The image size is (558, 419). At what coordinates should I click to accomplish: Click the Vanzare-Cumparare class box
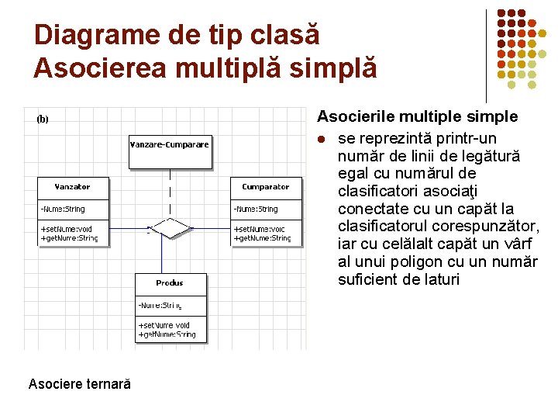[170, 151]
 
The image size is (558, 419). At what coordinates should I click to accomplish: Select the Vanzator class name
[73, 187]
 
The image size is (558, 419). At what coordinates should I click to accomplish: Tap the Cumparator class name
[265, 187]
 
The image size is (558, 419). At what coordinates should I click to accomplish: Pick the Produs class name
[170, 283]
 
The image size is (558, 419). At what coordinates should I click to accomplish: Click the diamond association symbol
[170, 227]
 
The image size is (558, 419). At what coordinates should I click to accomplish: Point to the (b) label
[43, 119]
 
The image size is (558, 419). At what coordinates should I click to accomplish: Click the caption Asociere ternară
[79, 384]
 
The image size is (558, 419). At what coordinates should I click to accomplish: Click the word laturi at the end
[439, 279]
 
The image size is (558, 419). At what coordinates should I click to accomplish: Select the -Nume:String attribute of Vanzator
[63, 209]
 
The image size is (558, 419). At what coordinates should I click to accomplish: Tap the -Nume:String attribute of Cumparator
[256, 209]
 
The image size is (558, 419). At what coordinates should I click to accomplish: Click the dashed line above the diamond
[170, 192]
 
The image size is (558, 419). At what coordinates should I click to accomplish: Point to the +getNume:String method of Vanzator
[69, 238]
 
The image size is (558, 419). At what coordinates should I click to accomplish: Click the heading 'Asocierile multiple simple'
[417, 117]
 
